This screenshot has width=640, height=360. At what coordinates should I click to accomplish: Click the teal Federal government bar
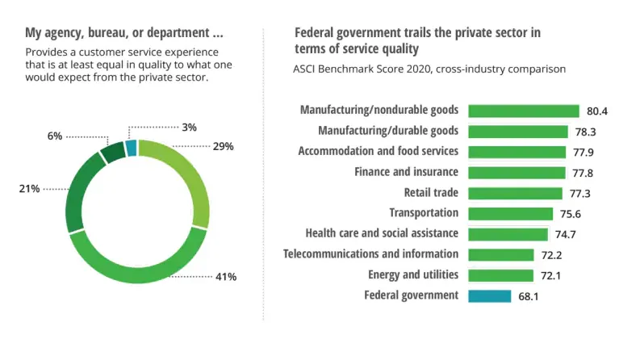489,295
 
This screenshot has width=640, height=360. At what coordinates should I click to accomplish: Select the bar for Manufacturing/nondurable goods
524,111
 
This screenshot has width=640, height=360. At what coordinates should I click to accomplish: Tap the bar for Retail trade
515,193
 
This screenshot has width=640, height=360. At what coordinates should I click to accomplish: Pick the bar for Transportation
511,213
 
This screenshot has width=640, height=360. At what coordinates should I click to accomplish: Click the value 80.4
597,111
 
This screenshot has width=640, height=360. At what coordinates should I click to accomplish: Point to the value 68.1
529,296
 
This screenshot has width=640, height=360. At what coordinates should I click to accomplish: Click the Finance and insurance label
407,172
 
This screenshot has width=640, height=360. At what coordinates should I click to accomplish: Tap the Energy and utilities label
413,274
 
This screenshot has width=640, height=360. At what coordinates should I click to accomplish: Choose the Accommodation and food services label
379,151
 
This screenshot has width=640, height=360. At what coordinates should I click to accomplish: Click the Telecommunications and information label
371,254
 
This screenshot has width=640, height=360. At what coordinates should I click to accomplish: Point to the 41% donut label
225,277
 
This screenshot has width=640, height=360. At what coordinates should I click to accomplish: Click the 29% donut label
224,146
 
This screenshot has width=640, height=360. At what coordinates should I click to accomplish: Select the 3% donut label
190,127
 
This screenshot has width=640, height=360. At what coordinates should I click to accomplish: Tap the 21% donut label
29,188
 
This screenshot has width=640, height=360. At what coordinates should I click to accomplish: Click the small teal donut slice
132,146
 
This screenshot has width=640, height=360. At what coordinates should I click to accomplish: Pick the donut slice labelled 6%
112,151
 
